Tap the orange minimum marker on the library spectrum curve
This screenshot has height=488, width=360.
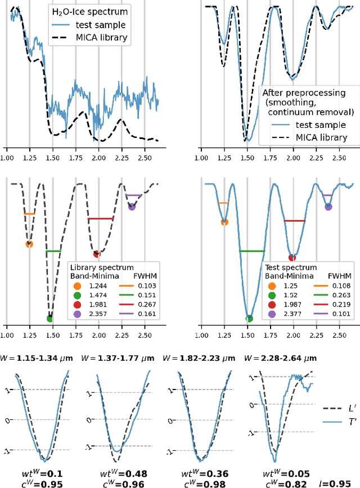[29, 244]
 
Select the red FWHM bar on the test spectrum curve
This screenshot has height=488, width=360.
[294, 221]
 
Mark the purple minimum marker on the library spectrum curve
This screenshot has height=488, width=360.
[132, 207]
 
